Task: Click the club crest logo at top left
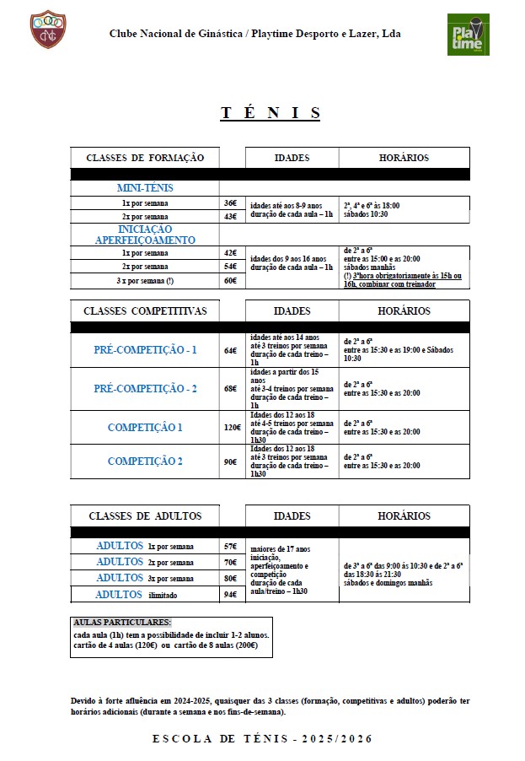(x=47, y=30)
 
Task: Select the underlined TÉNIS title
(x=271, y=113)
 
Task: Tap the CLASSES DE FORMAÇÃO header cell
(x=145, y=158)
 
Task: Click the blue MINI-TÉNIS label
(x=145, y=188)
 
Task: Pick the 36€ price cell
(x=230, y=203)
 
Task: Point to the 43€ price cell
(x=230, y=217)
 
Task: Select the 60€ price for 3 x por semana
(x=230, y=281)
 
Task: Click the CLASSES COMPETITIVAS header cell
(x=145, y=310)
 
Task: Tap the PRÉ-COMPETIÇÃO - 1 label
(x=145, y=349)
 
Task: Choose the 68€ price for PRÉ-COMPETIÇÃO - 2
(x=230, y=388)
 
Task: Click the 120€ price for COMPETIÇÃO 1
(x=232, y=427)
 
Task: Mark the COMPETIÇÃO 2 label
(x=145, y=461)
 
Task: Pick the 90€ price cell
(x=230, y=461)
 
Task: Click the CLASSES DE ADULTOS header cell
(x=145, y=515)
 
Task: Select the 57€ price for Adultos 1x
(x=230, y=546)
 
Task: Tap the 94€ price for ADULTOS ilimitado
(x=230, y=594)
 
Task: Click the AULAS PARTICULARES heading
(x=122, y=622)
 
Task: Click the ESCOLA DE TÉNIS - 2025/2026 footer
(x=262, y=738)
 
